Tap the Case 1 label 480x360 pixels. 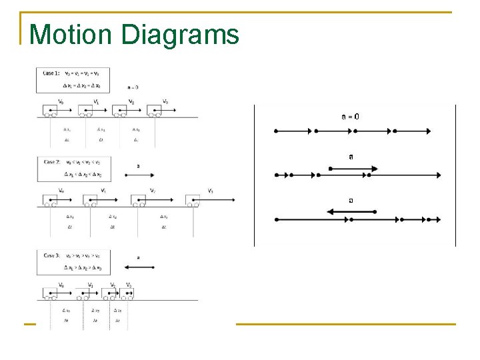[51, 73]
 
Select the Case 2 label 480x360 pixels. [52, 162]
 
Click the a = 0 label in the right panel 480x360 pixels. [351, 116]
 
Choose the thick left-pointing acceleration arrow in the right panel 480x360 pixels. [351, 211]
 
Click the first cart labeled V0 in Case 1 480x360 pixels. [51, 111]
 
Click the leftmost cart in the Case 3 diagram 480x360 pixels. [51, 293]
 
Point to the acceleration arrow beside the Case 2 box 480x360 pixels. [138, 175]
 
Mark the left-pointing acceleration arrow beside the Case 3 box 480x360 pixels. [140, 267]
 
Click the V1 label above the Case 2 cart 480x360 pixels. [103, 191]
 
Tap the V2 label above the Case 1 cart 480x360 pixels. [131, 101]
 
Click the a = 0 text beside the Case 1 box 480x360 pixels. [133, 87]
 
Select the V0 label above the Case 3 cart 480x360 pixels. [61, 285]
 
